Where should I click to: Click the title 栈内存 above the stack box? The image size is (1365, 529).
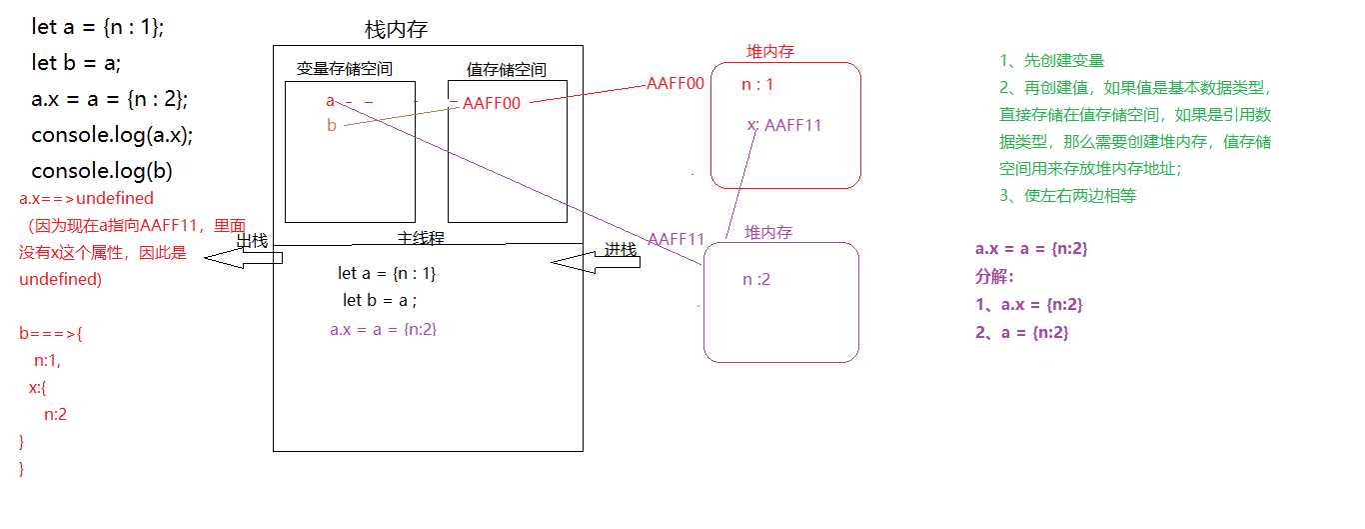coord(397,30)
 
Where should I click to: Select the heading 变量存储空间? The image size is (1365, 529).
coord(344,69)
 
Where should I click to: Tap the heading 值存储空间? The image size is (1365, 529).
coord(506,69)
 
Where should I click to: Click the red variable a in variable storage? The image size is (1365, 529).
coord(330,101)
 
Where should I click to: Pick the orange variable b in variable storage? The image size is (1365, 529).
coord(331,125)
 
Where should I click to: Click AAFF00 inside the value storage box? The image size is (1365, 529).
coord(491,103)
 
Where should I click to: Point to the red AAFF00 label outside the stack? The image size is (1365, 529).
coord(676,83)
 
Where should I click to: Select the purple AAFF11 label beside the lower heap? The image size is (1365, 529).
coord(677,239)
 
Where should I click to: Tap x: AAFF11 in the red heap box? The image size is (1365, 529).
coord(784,125)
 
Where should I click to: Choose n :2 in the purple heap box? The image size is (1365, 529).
coord(756,280)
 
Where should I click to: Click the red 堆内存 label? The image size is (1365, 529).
coord(770,52)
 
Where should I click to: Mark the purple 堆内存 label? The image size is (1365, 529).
coord(768,232)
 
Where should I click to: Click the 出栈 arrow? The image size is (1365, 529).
coord(245,256)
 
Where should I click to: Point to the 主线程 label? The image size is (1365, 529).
coord(421,237)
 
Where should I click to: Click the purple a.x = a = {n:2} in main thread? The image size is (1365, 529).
coord(383,329)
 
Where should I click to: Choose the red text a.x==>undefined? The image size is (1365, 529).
coord(86,198)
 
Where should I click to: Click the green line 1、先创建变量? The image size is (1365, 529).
coord(1051,61)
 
